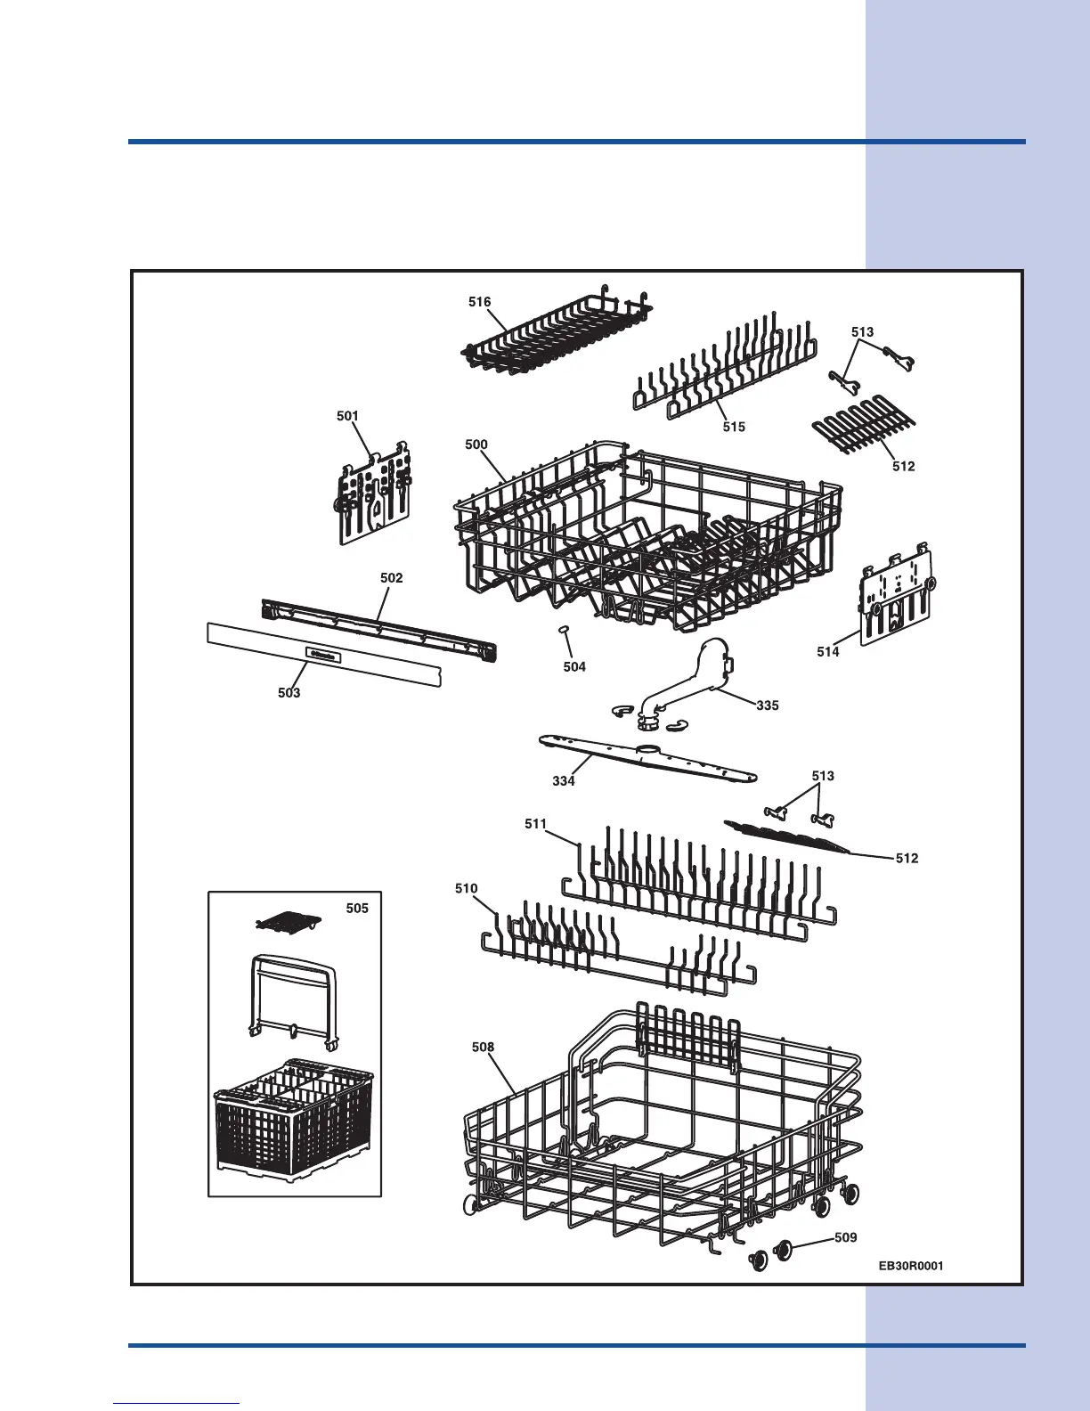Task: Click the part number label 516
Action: click(479, 302)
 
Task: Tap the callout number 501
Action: click(347, 416)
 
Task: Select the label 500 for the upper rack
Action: click(476, 445)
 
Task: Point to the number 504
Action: click(574, 666)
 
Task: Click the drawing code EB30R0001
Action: click(910, 1266)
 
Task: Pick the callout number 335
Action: click(767, 705)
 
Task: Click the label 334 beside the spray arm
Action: click(564, 781)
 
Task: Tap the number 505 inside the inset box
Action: click(357, 908)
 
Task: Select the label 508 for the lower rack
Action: click(483, 1048)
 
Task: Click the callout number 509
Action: click(845, 1237)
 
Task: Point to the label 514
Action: click(828, 652)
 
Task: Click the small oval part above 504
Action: click(565, 631)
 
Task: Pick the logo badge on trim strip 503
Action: click(322, 655)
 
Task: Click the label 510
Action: click(466, 888)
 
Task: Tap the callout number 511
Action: click(535, 824)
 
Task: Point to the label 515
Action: click(734, 427)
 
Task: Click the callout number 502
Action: click(391, 578)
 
